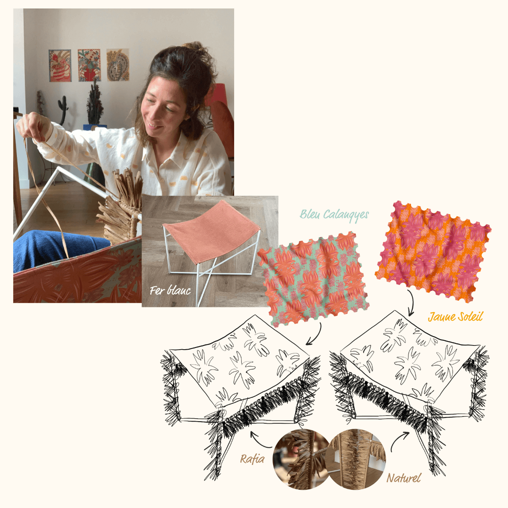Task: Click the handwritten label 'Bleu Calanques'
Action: pos(334,215)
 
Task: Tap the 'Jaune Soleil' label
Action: pos(455,316)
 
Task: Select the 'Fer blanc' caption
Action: pos(170,290)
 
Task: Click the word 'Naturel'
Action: pos(404,478)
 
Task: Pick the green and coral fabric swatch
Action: pos(313,277)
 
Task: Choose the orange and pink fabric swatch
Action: pos(433,252)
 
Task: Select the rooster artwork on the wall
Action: pos(60,65)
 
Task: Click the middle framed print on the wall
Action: pos(89,65)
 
